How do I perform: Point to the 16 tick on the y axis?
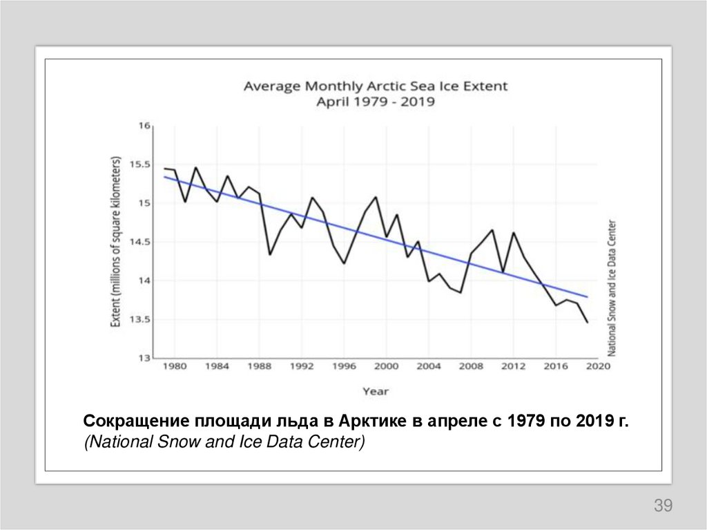pyautogui.click(x=144, y=126)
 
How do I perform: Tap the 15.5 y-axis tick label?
pyautogui.click(x=139, y=164)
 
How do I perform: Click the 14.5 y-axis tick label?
pyautogui.click(x=139, y=242)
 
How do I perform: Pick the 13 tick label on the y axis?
pyautogui.click(x=144, y=358)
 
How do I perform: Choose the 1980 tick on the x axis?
pyautogui.click(x=175, y=367)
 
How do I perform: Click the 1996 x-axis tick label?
pyautogui.click(x=344, y=367)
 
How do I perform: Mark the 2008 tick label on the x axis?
pyautogui.click(x=471, y=367)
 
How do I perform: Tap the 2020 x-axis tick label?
pyautogui.click(x=598, y=367)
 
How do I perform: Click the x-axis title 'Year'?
pyautogui.click(x=376, y=391)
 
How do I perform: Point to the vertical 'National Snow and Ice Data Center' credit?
pyautogui.click(x=612, y=287)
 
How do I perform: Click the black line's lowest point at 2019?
pyautogui.click(x=588, y=323)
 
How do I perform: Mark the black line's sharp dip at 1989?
pyautogui.click(x=270, y=255)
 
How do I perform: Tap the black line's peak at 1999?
pyautogui.click(x=376, y=197)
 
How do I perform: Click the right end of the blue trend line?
pyautogui.click(x=588, y=296)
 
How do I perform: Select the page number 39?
pyautogui.click(x=663, y=505)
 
